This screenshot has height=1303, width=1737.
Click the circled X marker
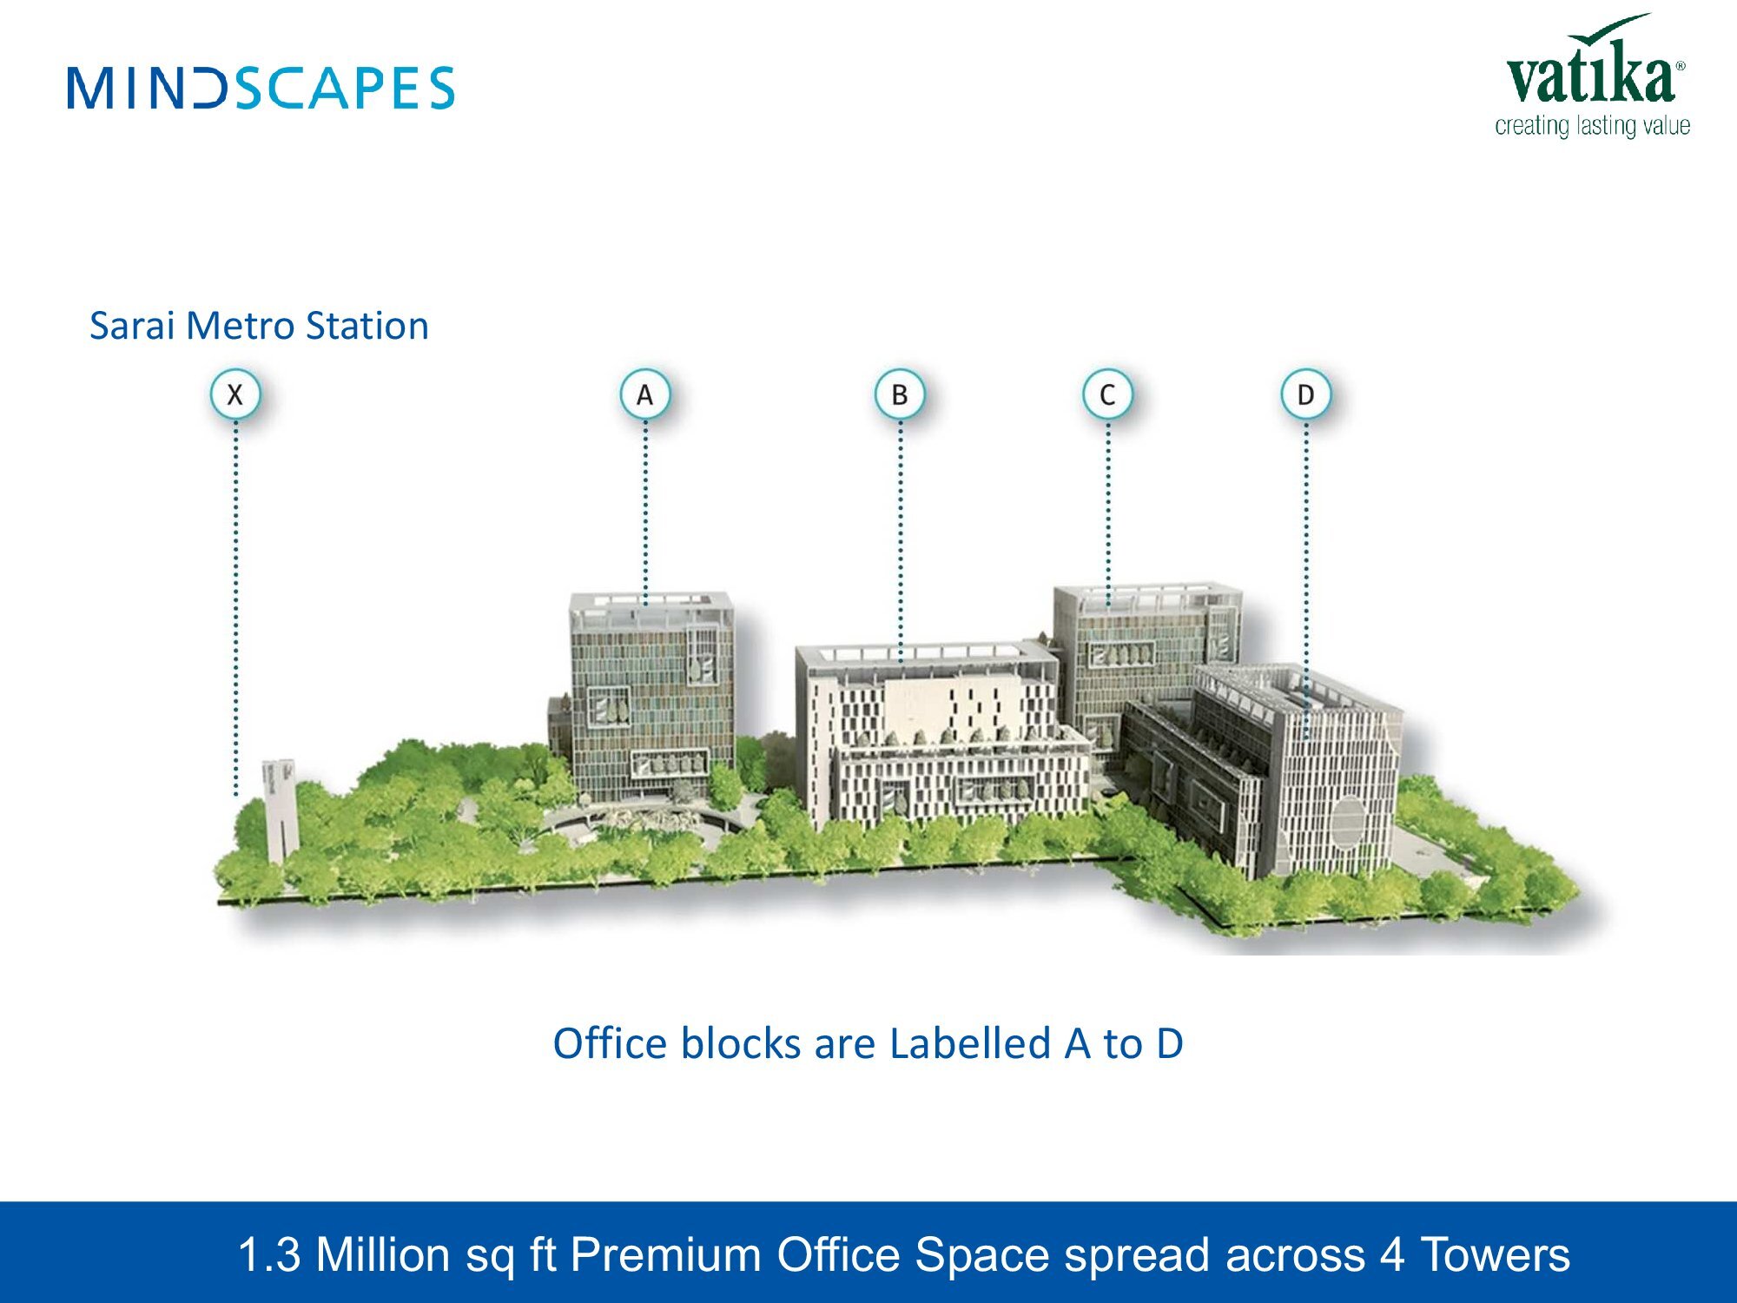tap(234, 394)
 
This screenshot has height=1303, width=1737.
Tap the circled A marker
tap(644, 394)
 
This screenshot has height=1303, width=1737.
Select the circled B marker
tap(900, 394)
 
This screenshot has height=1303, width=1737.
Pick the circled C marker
tap(1107, 394)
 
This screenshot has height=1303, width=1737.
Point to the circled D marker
tap(1305, 394)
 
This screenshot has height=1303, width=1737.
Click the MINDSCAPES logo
tap(261, 88)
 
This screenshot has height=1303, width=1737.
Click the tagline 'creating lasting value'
tap(1592, 126)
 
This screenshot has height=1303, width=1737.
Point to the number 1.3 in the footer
tap(269, 1254)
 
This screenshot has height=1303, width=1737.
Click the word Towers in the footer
tap(1495, 1254)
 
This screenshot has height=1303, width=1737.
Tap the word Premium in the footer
tap(665, 1254)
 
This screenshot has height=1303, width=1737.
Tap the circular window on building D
tap(1347, 820)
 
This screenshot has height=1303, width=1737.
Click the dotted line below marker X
tap(235, 608)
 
